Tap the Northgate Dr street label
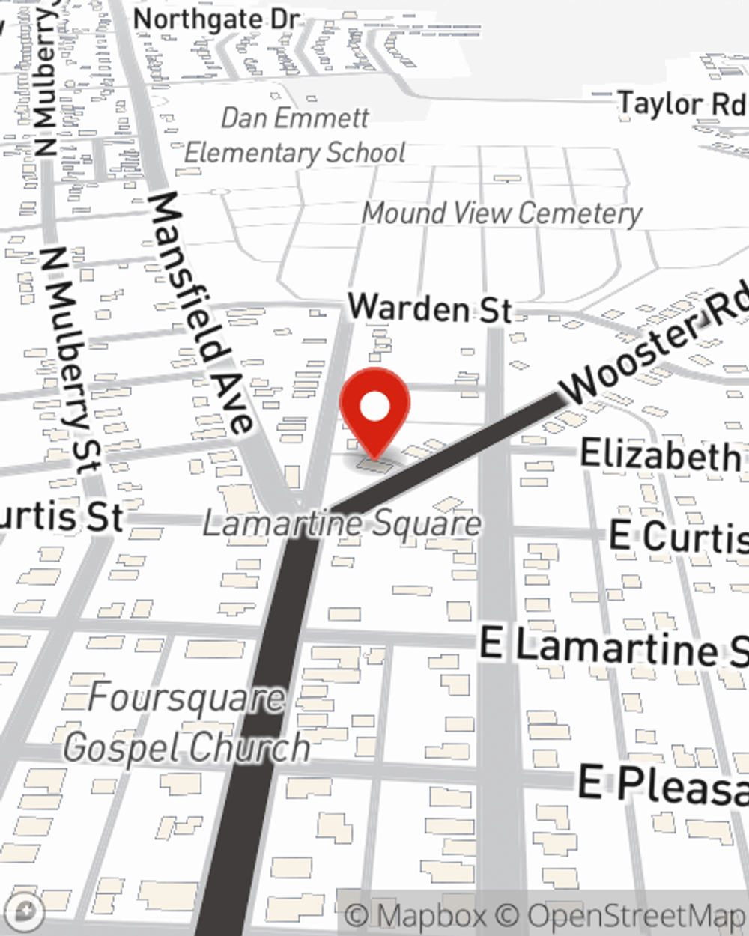216,20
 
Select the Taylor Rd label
681,103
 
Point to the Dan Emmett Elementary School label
295,136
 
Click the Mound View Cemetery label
502,213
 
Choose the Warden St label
431,308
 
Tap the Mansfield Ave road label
201,311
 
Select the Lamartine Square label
342,523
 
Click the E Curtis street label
678,536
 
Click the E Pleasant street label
663,785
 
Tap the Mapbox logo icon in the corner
23,913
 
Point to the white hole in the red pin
374,407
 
